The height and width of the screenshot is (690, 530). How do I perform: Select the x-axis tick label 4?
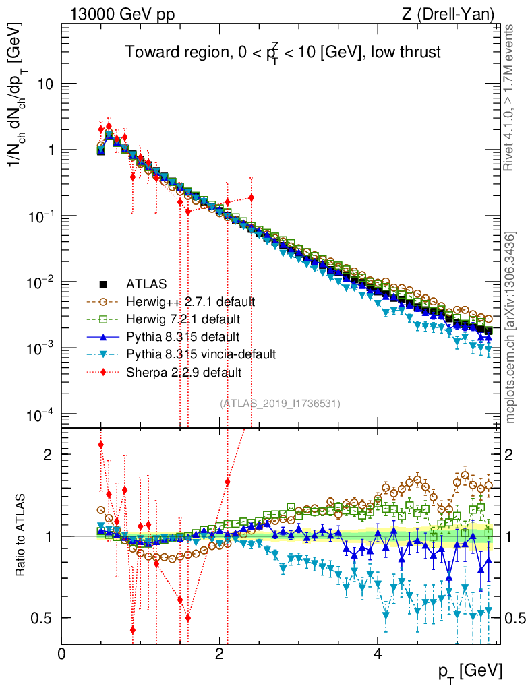[378, 654]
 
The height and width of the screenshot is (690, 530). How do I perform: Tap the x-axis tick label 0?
[62, 654]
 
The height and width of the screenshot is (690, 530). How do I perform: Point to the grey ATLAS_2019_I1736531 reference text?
[280, 403]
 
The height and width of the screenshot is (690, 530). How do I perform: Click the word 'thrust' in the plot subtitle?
[417, 52]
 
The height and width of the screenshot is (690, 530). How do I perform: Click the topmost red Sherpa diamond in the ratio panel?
[101, 445]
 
